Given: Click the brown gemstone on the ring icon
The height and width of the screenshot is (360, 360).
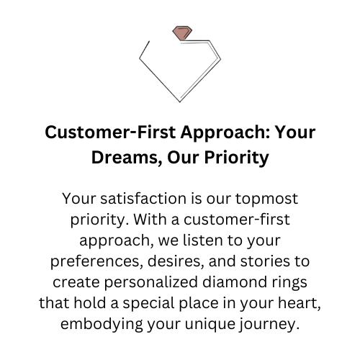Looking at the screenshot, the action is click(x=182, y=33).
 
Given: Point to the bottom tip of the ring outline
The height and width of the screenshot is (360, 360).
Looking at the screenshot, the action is click(x=180, y=102).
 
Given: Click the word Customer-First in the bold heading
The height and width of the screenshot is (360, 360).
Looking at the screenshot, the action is click(x=110, y=132).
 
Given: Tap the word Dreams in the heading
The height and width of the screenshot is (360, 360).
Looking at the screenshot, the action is click(x=125, y=158).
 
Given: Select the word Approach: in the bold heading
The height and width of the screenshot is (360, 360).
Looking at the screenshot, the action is click(x=225, y=133).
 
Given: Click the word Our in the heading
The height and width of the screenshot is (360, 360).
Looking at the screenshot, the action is click(x=183, y=158).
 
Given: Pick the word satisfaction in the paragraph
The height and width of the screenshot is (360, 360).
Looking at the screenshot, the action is click(x=143, y=199).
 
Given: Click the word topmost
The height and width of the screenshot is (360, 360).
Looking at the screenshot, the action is click(x=266, y=199).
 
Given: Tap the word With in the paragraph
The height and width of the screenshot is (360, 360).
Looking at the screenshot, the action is click(x=150, y=220).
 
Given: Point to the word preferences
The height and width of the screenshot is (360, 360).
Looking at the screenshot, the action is click(x=95, y=261).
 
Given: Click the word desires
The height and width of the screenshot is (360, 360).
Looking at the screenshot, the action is click(x=176, y=261).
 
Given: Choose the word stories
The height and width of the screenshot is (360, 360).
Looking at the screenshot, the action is click(x=265, y=261).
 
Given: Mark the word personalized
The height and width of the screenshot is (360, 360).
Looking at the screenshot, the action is click(x=151, y=282).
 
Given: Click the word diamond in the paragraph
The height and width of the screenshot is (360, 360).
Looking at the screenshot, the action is click(x=235, y=282).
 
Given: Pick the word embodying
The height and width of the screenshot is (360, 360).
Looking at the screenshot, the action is click(x=102, y=325).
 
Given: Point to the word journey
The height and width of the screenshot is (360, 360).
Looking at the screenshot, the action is click(x=269, y=325).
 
